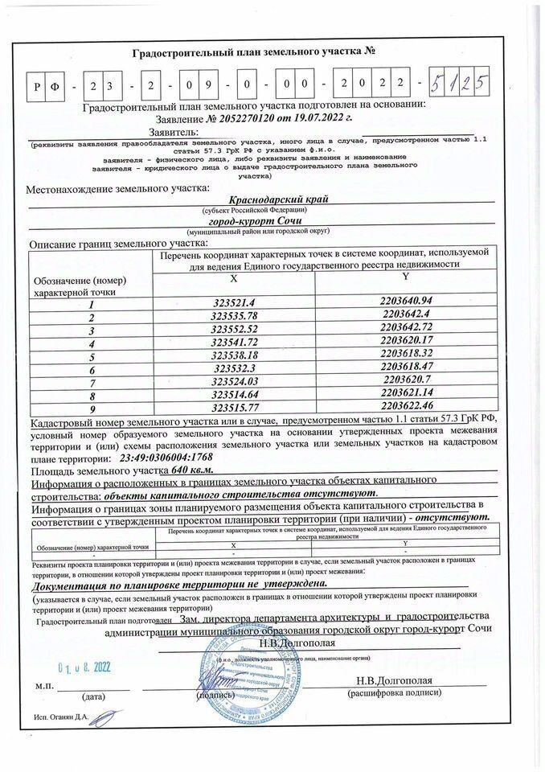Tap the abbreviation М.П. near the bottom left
pos(45,686)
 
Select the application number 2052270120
pos(244,117)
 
